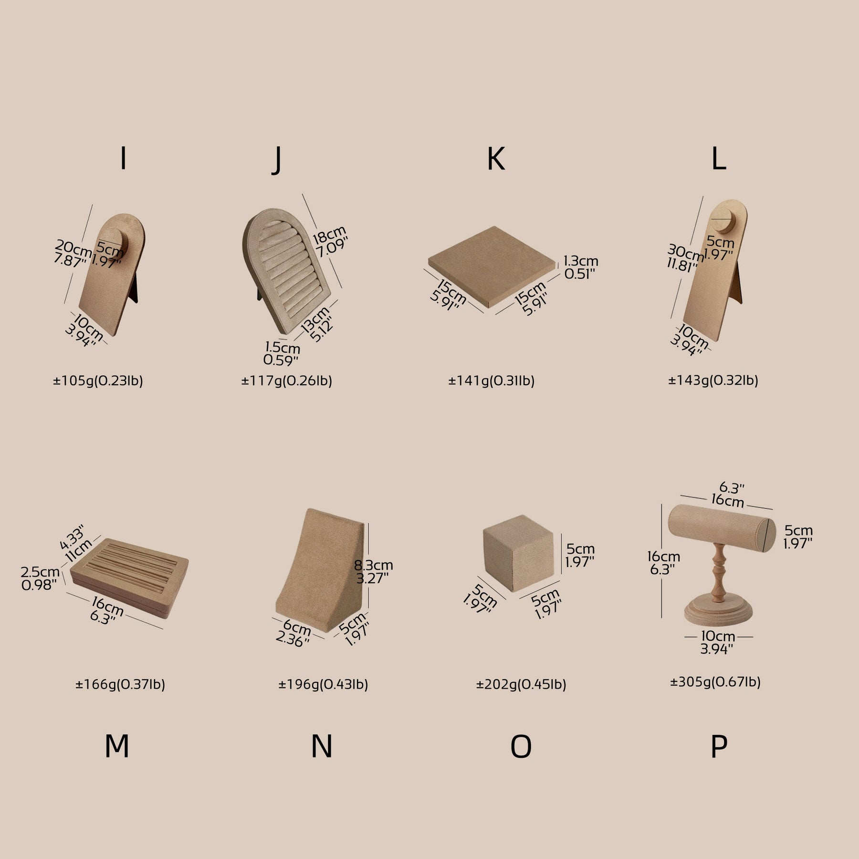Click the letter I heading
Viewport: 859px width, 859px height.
tap(124, 158)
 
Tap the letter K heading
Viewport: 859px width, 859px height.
tap(496, 158)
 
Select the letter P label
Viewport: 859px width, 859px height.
tap(719, 747)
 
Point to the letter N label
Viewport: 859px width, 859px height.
tap(322, 747)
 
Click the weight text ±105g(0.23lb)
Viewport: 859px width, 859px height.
tap(98, 381)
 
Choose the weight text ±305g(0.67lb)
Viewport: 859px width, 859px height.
tap(715, 682)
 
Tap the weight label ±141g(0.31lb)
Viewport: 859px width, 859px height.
tap(492, 381)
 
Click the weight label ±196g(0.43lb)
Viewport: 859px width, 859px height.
tap(323, 685)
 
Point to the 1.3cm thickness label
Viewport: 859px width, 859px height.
tap(581, 261)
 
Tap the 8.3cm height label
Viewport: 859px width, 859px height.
tap(373, 566)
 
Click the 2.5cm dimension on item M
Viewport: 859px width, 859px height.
tap(40, 572)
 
